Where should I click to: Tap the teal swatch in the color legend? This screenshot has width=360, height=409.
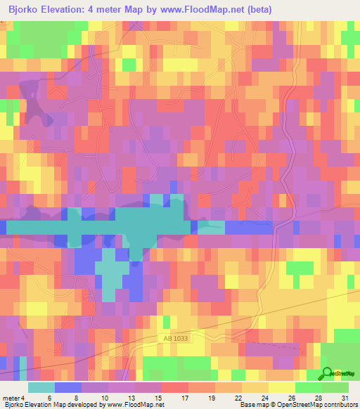[41, 387]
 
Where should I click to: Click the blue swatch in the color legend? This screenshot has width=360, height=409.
[67, 387]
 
